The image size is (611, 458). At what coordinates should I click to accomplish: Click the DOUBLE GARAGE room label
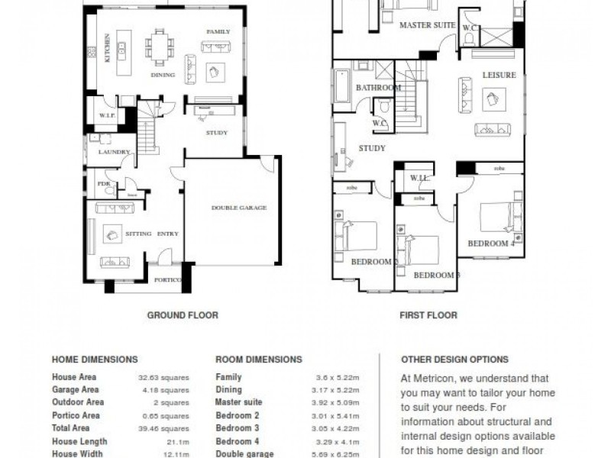(238, 208)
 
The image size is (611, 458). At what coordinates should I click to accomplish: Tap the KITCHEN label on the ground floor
(108, 48)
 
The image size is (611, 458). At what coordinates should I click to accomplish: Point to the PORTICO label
(166, 280)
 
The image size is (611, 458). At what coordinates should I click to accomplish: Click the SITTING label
(137, 234)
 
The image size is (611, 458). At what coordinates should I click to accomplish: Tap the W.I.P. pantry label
(105, 116)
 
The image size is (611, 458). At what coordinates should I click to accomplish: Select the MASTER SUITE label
(428, 25)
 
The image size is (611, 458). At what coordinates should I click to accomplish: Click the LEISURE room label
(499, 75)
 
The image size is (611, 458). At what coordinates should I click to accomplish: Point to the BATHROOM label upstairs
(378, 88)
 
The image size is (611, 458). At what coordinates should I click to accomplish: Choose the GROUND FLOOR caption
(183, 314)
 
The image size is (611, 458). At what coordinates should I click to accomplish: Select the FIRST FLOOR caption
(428, 314)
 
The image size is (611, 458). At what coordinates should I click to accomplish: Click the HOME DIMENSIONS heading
(95, 360)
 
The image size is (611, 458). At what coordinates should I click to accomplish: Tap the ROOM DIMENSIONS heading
(259, 360)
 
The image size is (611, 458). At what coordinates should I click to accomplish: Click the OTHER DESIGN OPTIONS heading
(454, 360)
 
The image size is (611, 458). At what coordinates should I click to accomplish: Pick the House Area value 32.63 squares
(163, 377)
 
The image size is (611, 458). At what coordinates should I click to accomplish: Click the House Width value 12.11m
(174, 454)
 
